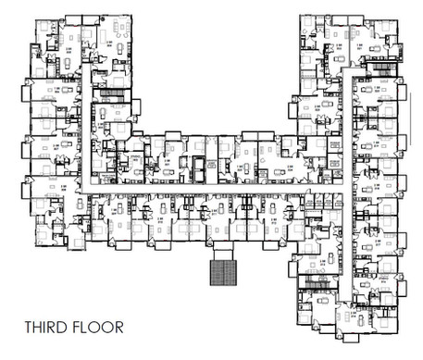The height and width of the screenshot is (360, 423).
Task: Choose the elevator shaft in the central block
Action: [x=197, y=170]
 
